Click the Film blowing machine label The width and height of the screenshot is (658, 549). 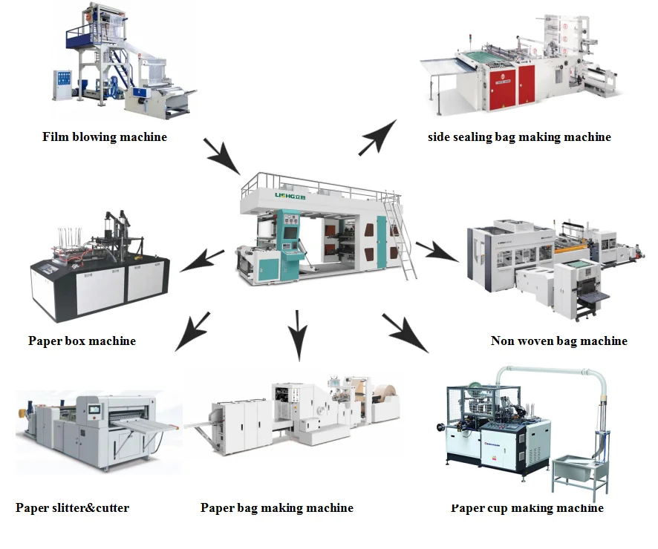(105, 137)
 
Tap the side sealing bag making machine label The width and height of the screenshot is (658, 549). (519, 137)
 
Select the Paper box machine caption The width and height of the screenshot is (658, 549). (82, 341)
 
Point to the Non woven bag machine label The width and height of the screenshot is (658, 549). (558, 341)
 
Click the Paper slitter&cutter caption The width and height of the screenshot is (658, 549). (72, 508)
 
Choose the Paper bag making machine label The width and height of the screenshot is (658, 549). (276, 508)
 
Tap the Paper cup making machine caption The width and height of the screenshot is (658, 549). (527, 508)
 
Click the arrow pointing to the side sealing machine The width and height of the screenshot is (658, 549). (377, 137)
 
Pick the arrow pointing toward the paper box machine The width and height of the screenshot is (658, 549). (202, 260)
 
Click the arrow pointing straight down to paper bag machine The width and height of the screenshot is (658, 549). (298, 335)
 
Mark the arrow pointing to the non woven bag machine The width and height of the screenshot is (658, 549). (436, 251)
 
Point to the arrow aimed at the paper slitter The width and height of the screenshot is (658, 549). (192, 330)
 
